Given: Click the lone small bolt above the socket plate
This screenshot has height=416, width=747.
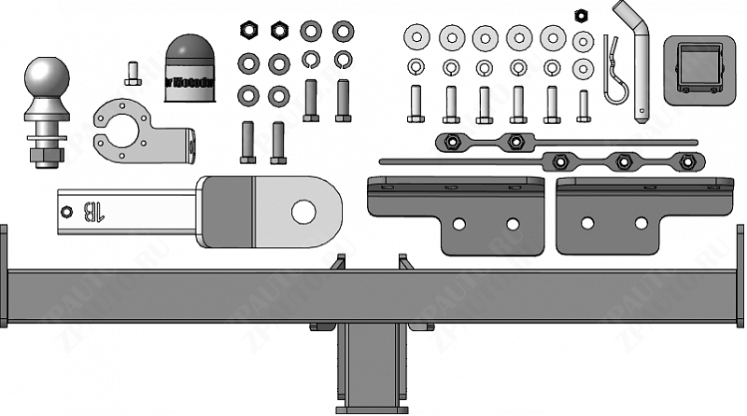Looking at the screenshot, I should click(132, 71).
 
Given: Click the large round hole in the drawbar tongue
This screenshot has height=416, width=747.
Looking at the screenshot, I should click(303, 211).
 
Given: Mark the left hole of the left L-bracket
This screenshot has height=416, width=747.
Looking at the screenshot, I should click(459, 224).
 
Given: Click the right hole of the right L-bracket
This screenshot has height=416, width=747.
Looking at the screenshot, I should click(641, 224).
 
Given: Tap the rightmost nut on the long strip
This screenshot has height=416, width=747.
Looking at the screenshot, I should click(687, 161).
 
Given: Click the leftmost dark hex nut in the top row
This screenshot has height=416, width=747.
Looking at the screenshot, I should click(249, 29).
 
